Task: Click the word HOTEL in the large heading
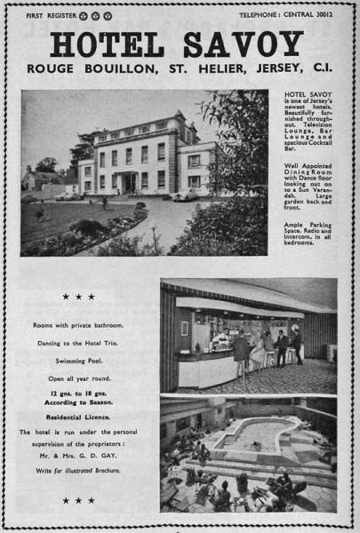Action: pyautogui.click(x=106, y=44)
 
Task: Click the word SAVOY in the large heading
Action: pyautogui.click(x=244, y=44)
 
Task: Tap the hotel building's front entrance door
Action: pyautogui.click(x=130, y=182)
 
